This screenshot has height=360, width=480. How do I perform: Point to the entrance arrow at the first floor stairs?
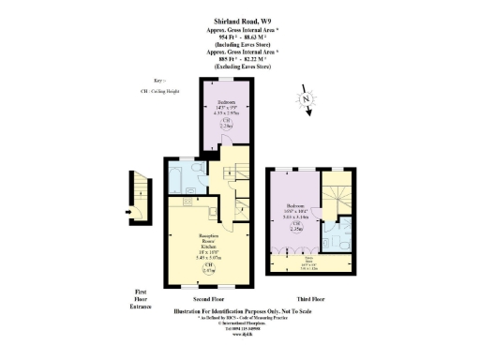128,213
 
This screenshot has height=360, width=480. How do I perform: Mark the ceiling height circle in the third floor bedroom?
296,227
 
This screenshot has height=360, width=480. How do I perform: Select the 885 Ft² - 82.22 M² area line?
239,59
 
